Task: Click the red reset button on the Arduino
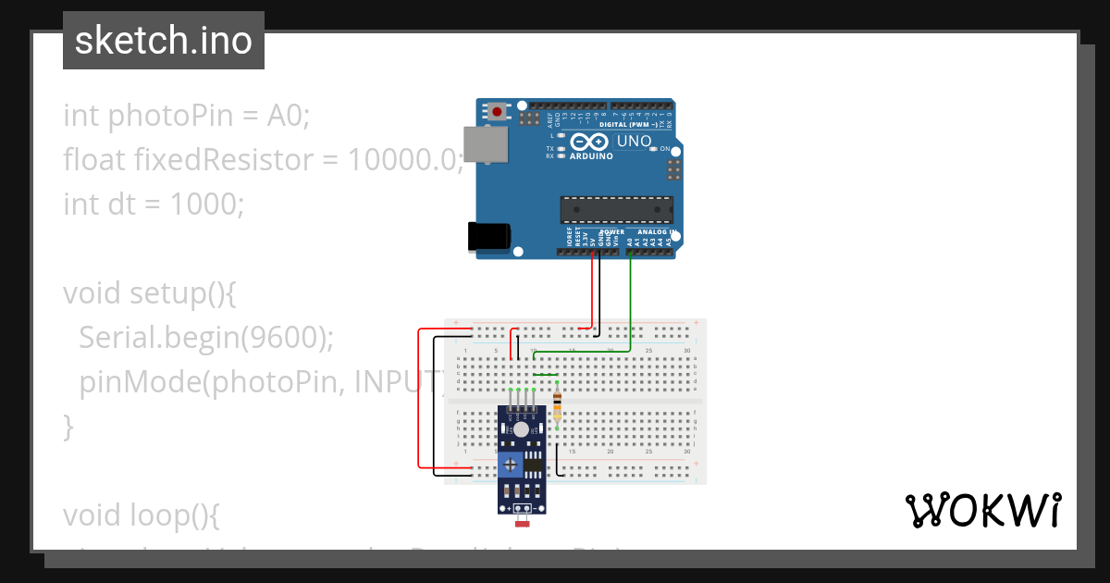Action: point(498,112)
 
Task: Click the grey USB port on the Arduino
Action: point(485,144)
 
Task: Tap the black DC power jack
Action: point(488,237)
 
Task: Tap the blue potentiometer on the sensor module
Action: point(509,464)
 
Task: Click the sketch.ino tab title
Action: point(164,41)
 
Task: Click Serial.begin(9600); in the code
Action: point(205,338)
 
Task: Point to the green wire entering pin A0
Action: point(630,296)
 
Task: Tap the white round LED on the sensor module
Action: point(522,429)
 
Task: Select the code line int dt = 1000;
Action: point(154,204)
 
